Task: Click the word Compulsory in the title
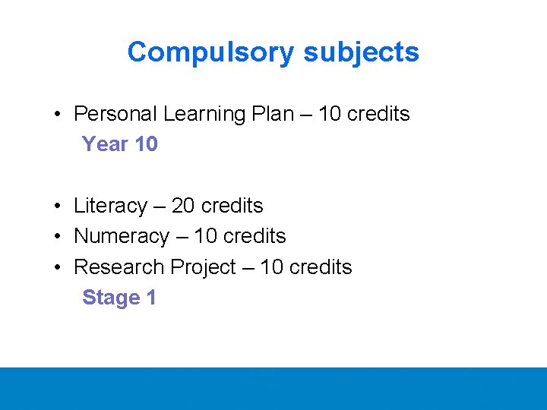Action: click(x=212, y=52)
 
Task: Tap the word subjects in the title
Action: click(x=361, y=52)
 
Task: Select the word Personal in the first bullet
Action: click(x=115, y=114)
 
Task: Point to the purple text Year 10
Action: click(x=119, y=144)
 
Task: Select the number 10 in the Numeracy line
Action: click(x=206, y=236)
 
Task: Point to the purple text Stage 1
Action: click(x=119, y=298)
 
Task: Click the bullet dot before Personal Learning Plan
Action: click(x=58, y=115)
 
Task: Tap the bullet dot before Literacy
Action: click(x=58, y=207)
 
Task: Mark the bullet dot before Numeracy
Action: click(x=58, y=237)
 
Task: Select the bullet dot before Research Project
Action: click(x=58, y=268)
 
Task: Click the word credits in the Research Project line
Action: click(x=321, y=267)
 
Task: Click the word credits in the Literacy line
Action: click(x=232, y=206)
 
